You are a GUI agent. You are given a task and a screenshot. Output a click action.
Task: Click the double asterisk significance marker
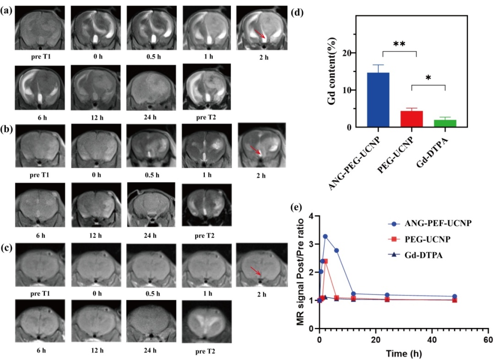pyautogui.click(x=398, y=44)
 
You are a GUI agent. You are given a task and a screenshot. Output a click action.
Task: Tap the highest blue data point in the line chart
pyautogui.click(x=325, y=237)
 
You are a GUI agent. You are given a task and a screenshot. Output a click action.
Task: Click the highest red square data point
pyautogui.click(x=325, y=261)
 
